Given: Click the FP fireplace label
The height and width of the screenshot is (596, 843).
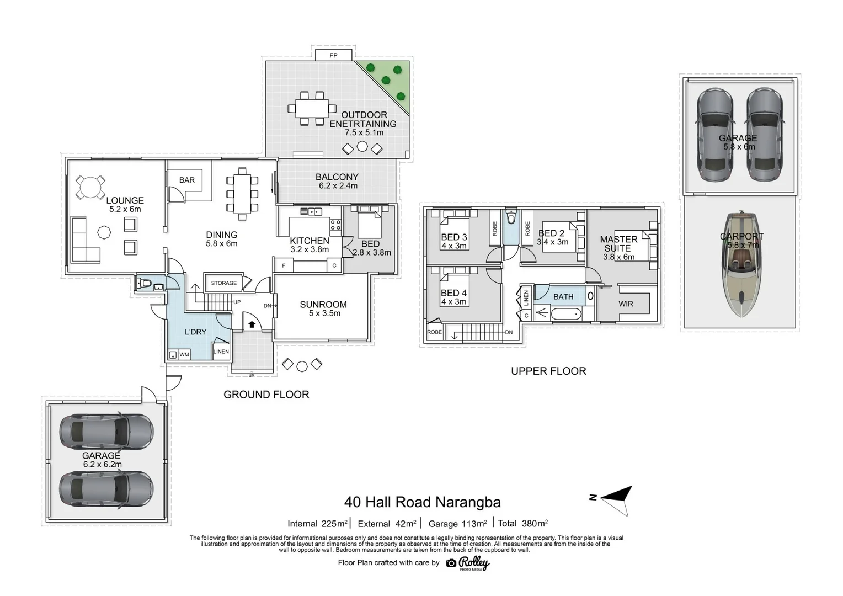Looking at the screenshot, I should pos(333,55).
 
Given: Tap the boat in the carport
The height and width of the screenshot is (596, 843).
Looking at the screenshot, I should pos(741,264).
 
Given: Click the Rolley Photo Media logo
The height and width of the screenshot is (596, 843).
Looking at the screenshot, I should pos(468,563).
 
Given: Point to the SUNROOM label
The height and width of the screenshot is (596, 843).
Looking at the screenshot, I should pos(323,305).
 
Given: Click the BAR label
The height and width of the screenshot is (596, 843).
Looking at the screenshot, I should pos(187,180).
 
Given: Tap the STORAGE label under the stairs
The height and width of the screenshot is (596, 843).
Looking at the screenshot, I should pos(223,283).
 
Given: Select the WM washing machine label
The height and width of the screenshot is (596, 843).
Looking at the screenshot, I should pos(184,355).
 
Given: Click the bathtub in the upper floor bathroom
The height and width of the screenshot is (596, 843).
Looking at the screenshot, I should pos(566,314).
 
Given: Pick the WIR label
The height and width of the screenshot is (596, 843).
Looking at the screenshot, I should pos(626,304).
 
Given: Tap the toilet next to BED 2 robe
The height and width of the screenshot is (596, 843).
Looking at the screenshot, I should pos(511,219).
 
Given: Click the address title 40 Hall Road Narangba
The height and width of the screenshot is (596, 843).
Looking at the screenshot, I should pos(422,502).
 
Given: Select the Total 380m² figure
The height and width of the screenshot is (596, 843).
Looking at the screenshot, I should pos(522,523).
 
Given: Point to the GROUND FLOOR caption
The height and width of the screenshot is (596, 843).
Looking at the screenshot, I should pos(266,395).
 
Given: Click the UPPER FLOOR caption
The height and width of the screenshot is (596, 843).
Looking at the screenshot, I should pos(548,371).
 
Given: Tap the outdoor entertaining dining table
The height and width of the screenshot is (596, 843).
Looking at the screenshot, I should pos(312,108).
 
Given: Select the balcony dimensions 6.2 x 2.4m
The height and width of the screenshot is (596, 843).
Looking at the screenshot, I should pos(338,186).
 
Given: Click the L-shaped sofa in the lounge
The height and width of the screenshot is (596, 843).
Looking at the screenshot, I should pos(84,241).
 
